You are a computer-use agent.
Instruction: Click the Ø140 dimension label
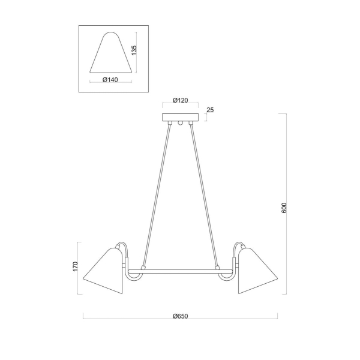click(110, 80)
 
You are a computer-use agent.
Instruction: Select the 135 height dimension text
click(134, 50)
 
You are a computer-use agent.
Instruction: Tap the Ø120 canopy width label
click(180, 100)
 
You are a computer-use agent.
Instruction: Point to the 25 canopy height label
click(210, 110)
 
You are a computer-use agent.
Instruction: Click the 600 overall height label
click(284, 208)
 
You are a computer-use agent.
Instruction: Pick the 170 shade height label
click(76, 266)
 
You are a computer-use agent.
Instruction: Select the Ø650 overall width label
click(180, 316)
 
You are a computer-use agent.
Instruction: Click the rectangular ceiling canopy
click(180, 118)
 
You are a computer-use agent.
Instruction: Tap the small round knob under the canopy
click(180, 123)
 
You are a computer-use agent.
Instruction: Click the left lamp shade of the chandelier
click(104, 271)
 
